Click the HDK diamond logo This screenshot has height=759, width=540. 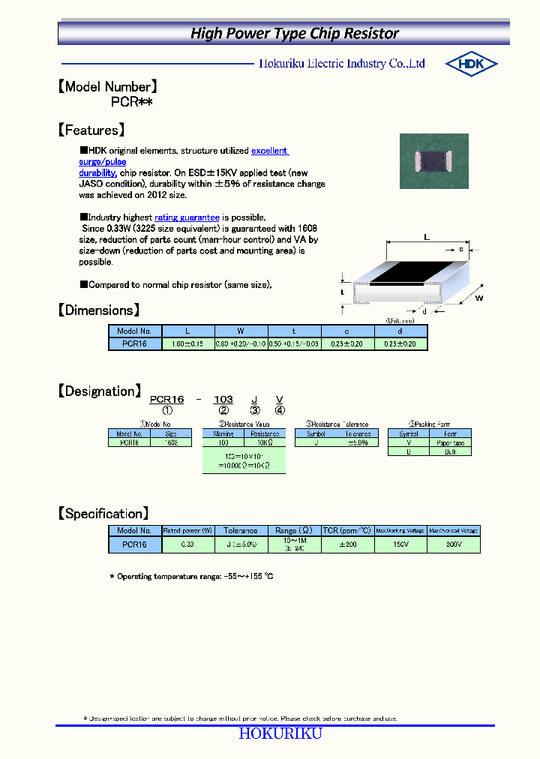[x=471, y=64]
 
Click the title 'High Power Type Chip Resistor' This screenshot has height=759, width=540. [x=295, y=33]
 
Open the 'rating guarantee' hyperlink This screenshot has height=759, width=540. [x=187, y=217]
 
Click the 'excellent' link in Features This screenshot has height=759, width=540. [x=269, y=151]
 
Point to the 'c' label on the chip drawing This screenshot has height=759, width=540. [x=460, y=248]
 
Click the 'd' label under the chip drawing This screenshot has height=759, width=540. [x=424, y=311]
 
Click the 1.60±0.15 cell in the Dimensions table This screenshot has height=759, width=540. [x=188, y=343]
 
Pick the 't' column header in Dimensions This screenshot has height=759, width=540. [x=294, y=331]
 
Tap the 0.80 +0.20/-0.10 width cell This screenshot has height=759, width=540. [x=241, y=343]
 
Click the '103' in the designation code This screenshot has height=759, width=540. [x=223, y=400]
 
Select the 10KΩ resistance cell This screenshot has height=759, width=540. [x=265, y=442]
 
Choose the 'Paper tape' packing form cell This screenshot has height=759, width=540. [x=450, y=442]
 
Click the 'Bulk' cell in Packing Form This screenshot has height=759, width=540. [x=450, y=451]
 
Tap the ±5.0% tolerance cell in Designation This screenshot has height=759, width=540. [x=358, y=442]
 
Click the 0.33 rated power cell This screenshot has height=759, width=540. [x=187, y=544]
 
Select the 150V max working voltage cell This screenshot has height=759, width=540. [x=400, y=544]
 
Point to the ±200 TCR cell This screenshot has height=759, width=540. [x=347, y=544]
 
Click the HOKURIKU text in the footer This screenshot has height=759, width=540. [x=280, y=733]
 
